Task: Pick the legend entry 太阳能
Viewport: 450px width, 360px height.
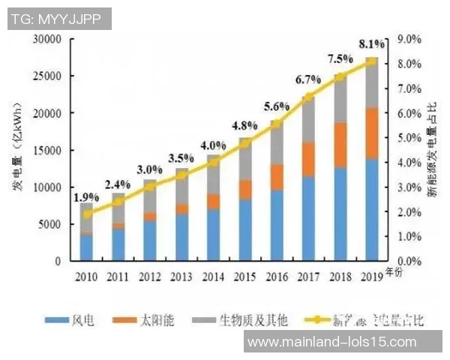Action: (157, 320)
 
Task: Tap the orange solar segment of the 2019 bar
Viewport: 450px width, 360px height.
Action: (371, 133)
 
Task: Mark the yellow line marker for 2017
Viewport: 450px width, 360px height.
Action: (308, 97)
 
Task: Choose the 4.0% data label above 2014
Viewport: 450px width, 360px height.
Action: (214, 145)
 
